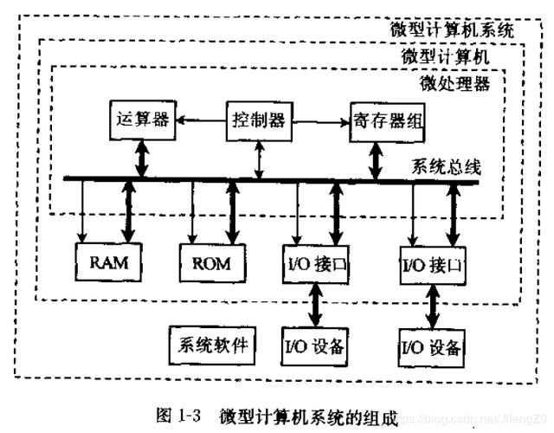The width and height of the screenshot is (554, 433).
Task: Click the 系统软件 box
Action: click(x=209, y=346)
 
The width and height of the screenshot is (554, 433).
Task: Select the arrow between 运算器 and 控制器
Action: click(x=199, y=120)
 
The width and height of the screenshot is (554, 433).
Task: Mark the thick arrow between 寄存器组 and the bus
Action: click(x=377, y=158)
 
